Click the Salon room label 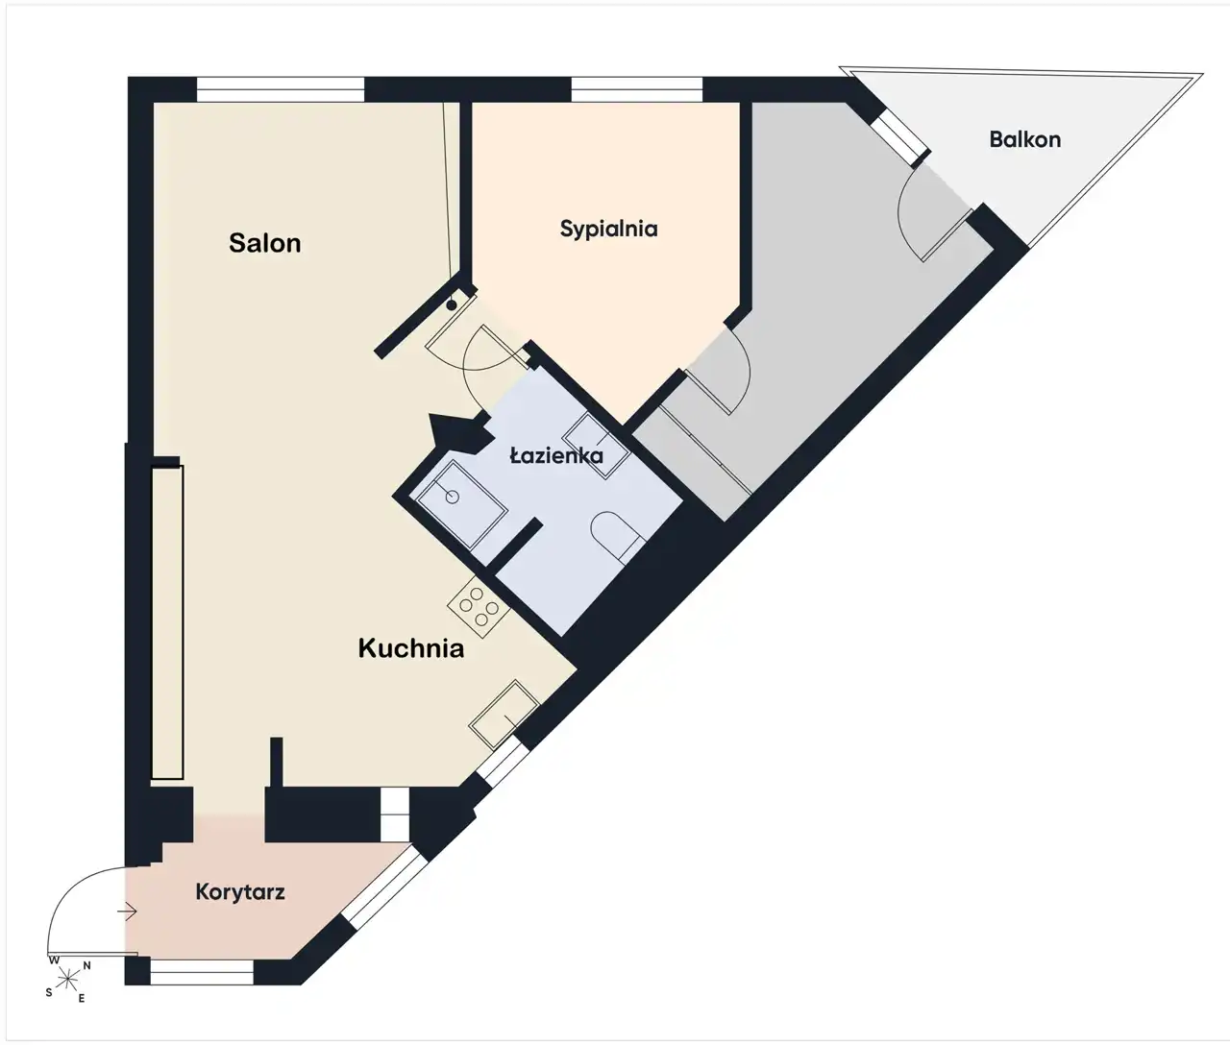[265, 243]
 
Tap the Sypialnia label [608, 230]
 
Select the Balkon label [1024, 139]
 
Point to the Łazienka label [556, 455]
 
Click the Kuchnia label [410, 648]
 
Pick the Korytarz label [240, 892]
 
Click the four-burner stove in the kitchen [479, 607]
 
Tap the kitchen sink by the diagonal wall [504, 715]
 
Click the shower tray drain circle [453, 497]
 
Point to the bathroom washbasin [596, 446]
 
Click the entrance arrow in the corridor [128, 911]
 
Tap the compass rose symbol [68, 977]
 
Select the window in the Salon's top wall [281, 90]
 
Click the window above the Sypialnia [637, 90]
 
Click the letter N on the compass [86, 965]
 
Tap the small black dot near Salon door [452, 305]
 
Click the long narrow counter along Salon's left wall [167, 622]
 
